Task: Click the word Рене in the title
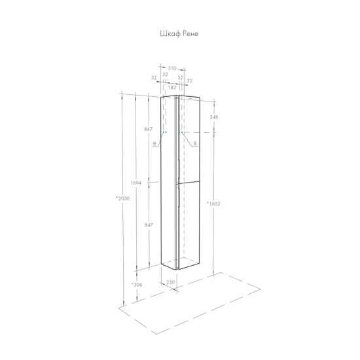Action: (190, 34)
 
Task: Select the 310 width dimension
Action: (172, 68)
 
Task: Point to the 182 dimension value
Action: (172, 88)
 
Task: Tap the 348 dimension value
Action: (214, 117)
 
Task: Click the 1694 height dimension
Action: (135, 183)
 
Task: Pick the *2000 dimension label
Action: (123, 198)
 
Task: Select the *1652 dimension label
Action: (213, 204)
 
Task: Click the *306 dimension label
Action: (137, 285)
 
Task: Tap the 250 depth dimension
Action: (170, 282)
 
